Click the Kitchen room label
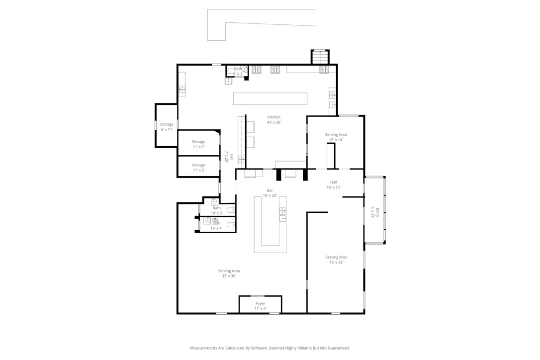point(274,119)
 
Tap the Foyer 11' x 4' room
point(260,305)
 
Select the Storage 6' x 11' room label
point(167,127)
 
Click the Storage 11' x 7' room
point(198,144)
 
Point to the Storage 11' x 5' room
point(198,167)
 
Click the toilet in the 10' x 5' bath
point(231,210)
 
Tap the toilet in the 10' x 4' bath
point(230,225)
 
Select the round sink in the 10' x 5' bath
point(215,201)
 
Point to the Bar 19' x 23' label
point(270,193)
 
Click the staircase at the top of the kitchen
point(320,57)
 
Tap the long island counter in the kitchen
point(270,98)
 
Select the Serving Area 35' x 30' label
point(229,273)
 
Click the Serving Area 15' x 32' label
point(336,260)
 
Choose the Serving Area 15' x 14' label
point(336,137)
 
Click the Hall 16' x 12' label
point(333,185)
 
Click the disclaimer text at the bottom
point(270,348)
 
